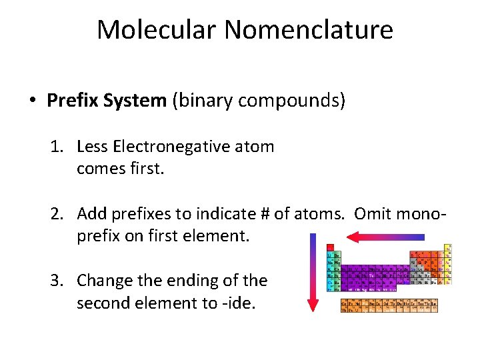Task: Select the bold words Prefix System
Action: click(107, 101)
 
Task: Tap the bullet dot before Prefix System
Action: click(32, 101)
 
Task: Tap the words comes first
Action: click(120, 169)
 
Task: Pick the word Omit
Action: click(372, 214)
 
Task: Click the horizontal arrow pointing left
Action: click(386, 237)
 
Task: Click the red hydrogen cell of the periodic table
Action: click(330, 247)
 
